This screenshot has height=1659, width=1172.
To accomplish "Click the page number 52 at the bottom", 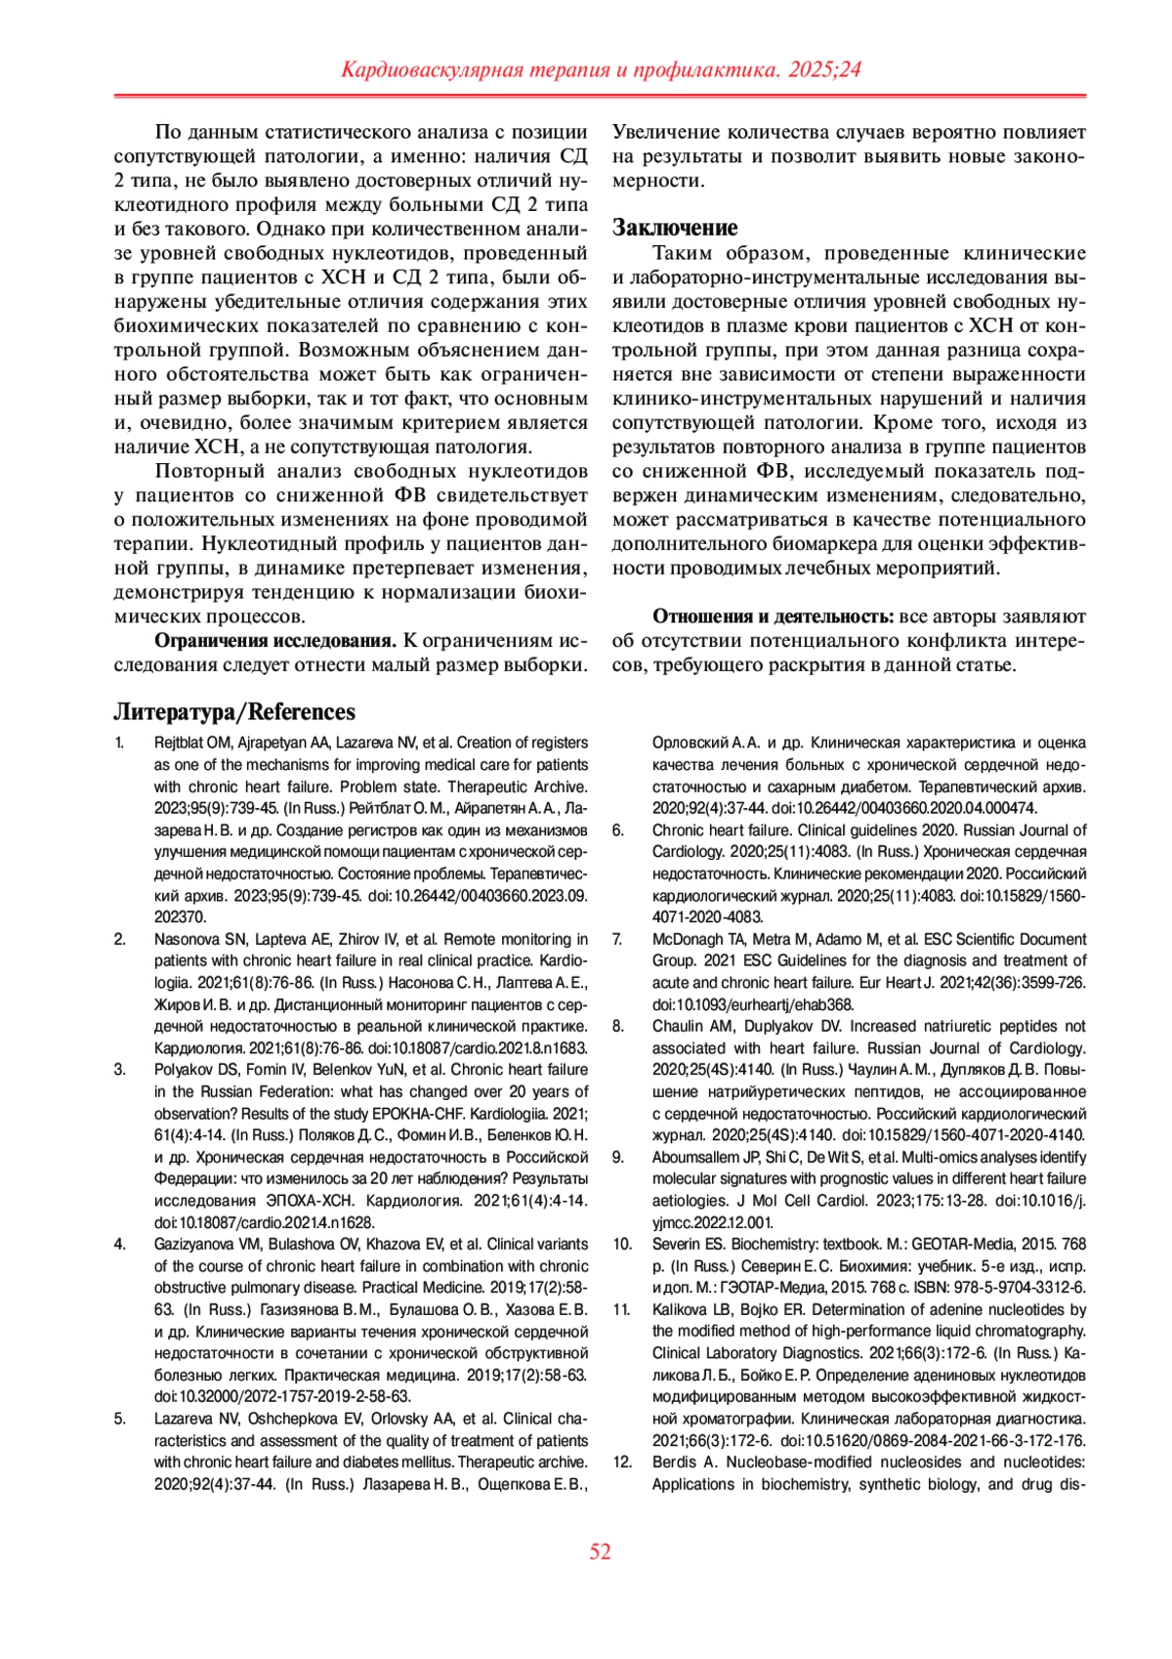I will pyautogui.click(x=600, y=1552).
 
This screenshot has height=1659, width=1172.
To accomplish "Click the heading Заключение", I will pyautogui.click(x=675, y=228).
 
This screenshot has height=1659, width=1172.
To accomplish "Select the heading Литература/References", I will pyautogui.click(x=234, y=711).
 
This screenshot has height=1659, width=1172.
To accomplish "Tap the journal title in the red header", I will pyautogui.click(x=601, y=70).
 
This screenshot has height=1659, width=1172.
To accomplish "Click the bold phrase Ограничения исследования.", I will pyautogui.click(x=275, y=641).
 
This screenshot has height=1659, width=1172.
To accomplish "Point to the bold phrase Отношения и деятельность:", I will pyautogui.click(x=773, y=617).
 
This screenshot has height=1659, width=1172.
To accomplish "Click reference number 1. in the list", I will pyautogui.click(x=120, y=743).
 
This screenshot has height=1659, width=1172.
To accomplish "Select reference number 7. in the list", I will pyautogui.click(x=618, y=939).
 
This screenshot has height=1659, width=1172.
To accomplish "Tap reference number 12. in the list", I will pyautogui.click(x=622, y=1463).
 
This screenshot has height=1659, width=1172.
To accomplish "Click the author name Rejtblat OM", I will pyautogui.click(x=192, y=743).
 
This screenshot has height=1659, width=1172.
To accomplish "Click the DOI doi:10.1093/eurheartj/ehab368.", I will pyautogui.click(x=753, y=1004).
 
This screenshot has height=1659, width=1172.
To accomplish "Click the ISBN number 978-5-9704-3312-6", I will pyautogui.click(x=1028, y=1288).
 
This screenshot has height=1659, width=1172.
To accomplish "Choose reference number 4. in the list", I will pyautogui.click(x=120, y=1244).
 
